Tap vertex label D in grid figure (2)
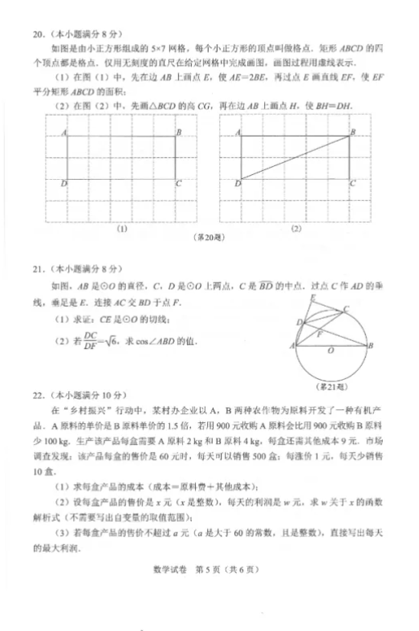[x=236, y=183]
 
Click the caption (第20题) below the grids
[x=209, y=238]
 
